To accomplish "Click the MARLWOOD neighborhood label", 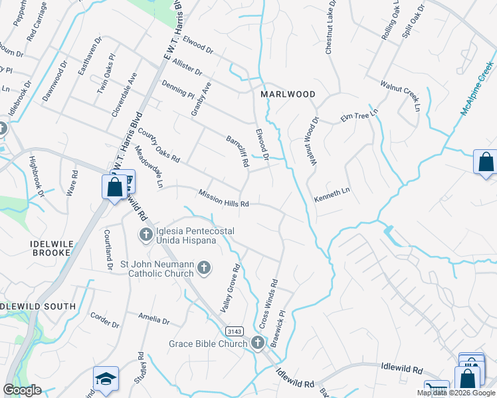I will point(288,94).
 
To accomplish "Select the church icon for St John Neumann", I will point(204,268).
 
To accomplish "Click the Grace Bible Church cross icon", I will point(258,343).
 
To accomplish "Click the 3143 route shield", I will point(233,330).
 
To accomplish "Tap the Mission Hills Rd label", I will point(223,198).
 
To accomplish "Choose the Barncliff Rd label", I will point(237,152).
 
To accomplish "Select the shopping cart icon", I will point(437,390).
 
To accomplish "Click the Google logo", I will point(22,390).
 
